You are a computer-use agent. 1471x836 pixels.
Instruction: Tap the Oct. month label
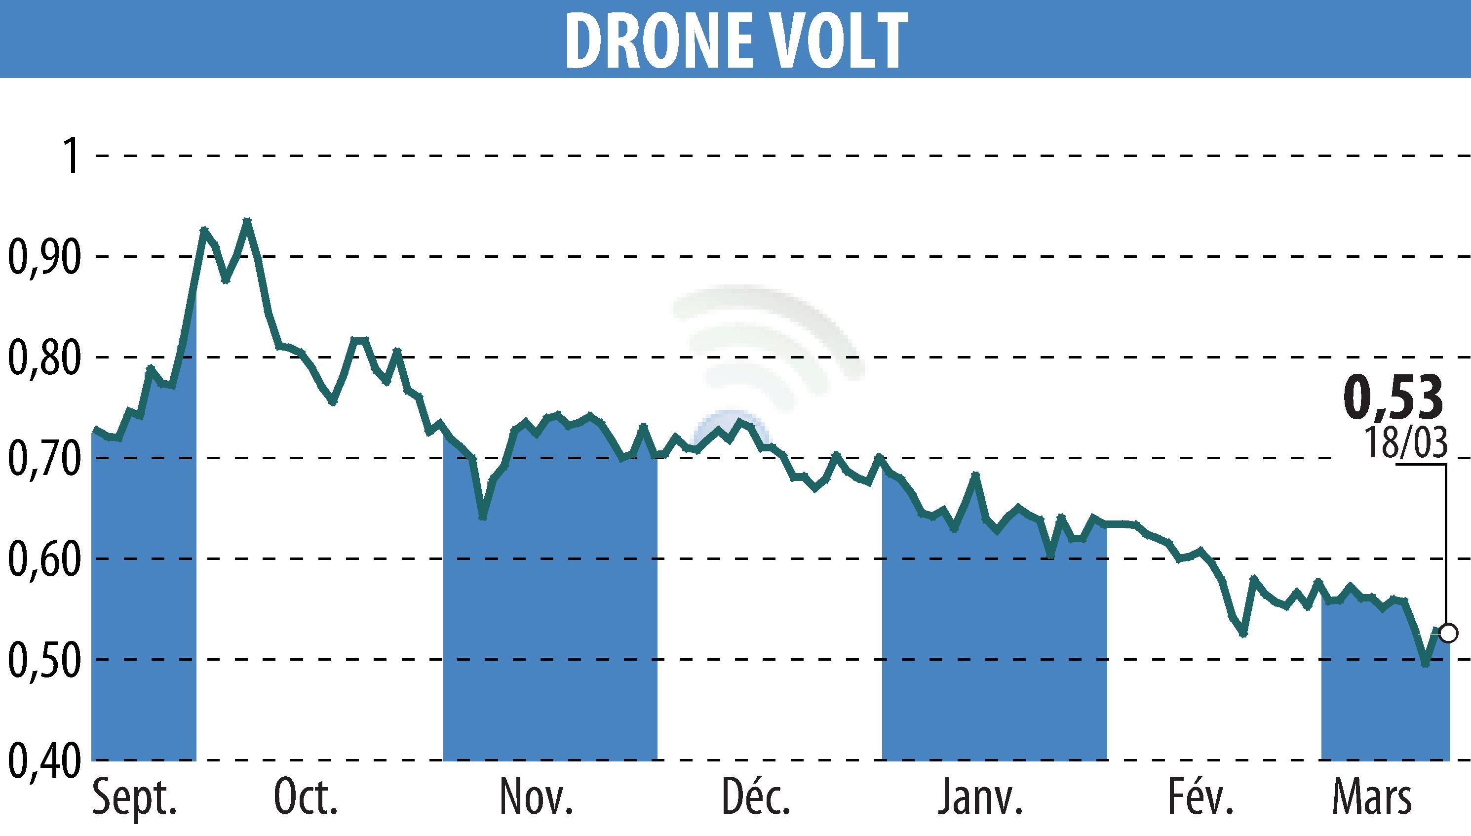click(306, 797)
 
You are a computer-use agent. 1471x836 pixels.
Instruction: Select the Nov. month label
click(536, 797)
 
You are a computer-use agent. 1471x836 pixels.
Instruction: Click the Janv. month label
click(980, 797)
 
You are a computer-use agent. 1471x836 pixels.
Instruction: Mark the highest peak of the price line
click(247, 221)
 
